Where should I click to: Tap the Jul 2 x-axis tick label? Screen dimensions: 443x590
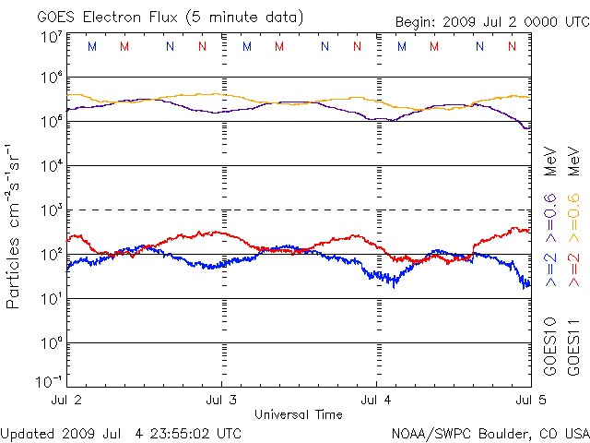(x=70, y=400)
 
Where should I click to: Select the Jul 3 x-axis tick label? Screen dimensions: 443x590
(x=222, y=400)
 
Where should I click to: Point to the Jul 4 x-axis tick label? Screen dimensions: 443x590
(x=376, y=400)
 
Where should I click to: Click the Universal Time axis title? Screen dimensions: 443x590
(x=299, y=413)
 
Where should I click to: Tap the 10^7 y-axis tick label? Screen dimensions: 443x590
(x=51, y=37)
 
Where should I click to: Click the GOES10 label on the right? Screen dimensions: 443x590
(x=550, y=345)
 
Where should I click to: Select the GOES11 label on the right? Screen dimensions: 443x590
(x=572, y=345)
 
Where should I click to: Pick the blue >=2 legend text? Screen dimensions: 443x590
(x=550, y=268)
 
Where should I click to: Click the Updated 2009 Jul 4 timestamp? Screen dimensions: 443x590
(x=122, y=432)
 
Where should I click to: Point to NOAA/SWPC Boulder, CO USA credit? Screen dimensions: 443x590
(x=490, y=432)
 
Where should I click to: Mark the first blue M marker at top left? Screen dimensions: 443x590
(x=91, y=46)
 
